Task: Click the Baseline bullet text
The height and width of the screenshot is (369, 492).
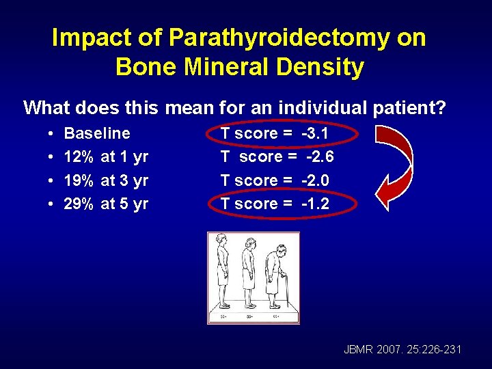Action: [x=97, y=133]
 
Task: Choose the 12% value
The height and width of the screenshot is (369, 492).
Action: [x=78, y=156]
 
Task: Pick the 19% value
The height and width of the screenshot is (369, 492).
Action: [x=78, y=180]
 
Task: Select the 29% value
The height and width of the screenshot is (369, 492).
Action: [x=78, y=204]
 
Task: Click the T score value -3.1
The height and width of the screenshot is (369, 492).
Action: [x=316, y=133]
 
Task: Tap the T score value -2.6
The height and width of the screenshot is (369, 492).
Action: [x=319, y=156]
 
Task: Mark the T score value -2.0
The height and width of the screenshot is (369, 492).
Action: [x=316, y=180]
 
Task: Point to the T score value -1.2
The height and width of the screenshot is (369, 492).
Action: [x=316, y=204]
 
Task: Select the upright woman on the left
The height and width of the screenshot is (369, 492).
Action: [x=221, y=269]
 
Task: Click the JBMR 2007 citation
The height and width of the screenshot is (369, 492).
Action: [x=403, y=350]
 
